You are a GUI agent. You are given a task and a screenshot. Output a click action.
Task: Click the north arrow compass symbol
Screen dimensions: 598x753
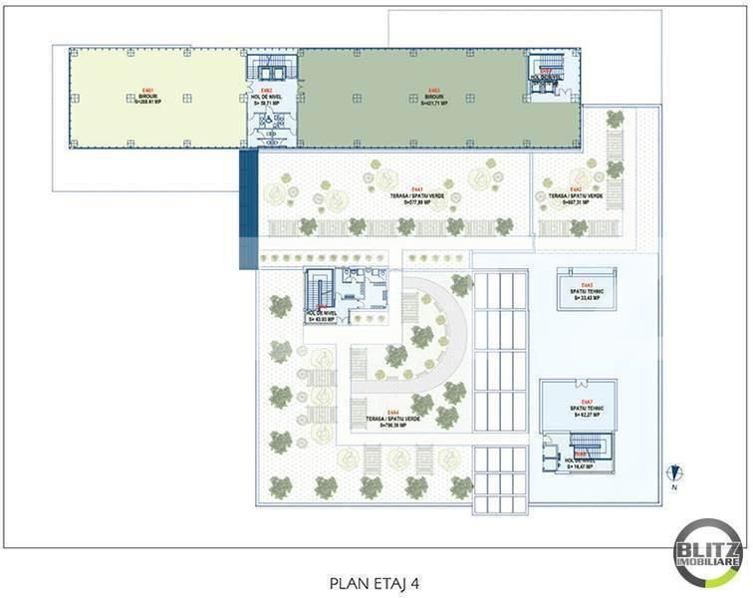click(x=674, y=474)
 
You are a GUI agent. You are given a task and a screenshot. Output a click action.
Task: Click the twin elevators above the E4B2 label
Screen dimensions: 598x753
click(x=272, y=68)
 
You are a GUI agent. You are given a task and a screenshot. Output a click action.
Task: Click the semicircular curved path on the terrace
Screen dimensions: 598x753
click(x=438, y=329)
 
